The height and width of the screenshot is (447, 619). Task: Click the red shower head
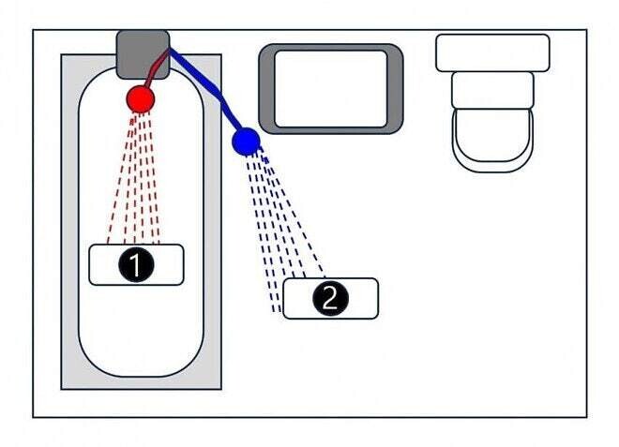coord(140,99)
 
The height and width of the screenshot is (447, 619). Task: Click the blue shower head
coord(246,142)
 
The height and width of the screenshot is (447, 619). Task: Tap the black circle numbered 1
coord(136,264)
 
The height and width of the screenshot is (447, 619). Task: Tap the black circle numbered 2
coord(330,298)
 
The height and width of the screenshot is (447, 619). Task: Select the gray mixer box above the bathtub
coord(143,54)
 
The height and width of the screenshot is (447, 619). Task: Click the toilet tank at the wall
coord(492,52)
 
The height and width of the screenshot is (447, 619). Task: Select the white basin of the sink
coord(330,89)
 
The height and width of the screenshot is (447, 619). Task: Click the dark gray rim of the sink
coord(267,89)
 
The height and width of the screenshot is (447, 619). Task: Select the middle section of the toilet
coord(492,90)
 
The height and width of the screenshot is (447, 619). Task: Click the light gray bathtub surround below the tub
coord(141,383)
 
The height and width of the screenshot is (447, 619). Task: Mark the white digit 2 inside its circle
coord(330,298)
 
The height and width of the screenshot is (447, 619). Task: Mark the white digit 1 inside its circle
coord(135,264)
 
